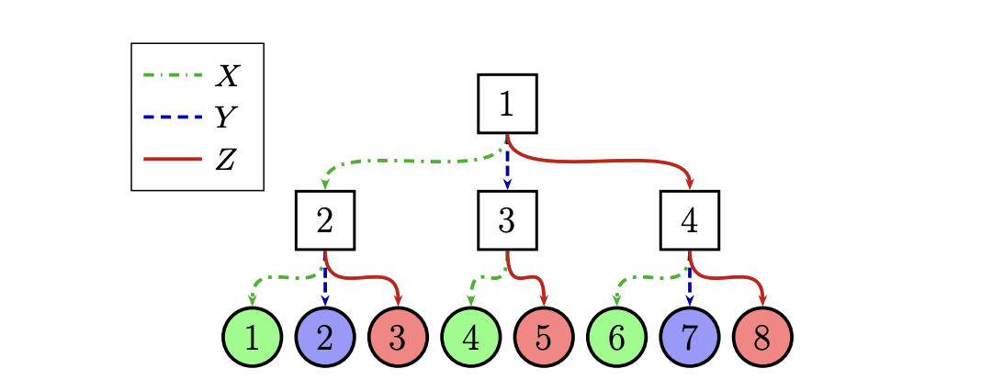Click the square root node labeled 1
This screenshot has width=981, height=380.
click(507, 104)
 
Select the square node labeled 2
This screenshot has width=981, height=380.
click(324, 220)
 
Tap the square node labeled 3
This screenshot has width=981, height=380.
click(507, 220)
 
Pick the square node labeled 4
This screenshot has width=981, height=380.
click(690, 220)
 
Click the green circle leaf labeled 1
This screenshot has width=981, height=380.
click(251, 337)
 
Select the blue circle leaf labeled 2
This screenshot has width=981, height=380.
click(324, 337)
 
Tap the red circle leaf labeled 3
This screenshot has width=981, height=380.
click(397, 337)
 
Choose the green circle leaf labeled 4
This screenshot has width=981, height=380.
click(470, 337)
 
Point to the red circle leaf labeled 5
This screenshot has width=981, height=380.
click(543, 337)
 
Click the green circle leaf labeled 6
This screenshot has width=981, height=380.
click(616, 337)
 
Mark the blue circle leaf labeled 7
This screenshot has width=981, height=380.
click(690, 337)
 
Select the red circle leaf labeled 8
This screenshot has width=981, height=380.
click(762, 337)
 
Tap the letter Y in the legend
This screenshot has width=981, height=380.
click(224, 117)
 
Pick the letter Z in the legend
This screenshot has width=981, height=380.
click(226, 160)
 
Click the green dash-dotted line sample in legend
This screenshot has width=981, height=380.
click(173, 74)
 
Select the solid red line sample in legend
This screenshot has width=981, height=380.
click(173, 160)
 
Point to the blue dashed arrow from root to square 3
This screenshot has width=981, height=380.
click(507, 167)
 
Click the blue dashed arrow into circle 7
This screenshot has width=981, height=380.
click(690, 286)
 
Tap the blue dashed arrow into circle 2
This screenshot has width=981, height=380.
click(324, 286)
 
